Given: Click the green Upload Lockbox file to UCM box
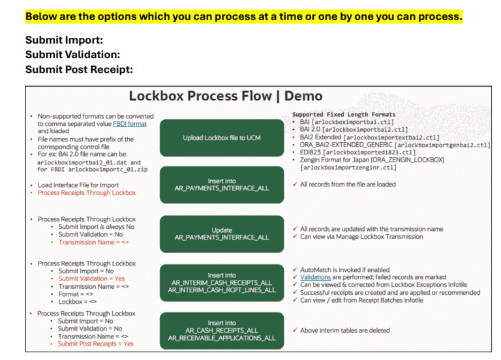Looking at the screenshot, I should tap(221, 138).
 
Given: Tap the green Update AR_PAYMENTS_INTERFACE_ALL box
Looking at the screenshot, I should tap(221, 233).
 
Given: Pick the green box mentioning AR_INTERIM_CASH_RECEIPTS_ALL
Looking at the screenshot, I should tap(222, 282).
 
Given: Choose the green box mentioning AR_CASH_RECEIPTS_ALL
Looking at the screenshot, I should tap(221, 330).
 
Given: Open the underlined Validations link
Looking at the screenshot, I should tap(315, 277).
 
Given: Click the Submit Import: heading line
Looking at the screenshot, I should tap(64, 40).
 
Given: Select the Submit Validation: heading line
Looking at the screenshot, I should tap(72, 55).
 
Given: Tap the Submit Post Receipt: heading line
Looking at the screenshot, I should tap(79, 69).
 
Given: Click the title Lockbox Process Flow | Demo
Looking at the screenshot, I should tap(225, 96).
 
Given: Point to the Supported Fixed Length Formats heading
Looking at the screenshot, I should tap(343, 115).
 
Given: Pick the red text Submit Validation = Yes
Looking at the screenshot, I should tap(91, 278).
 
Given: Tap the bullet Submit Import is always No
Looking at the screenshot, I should tap(96, 226).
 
